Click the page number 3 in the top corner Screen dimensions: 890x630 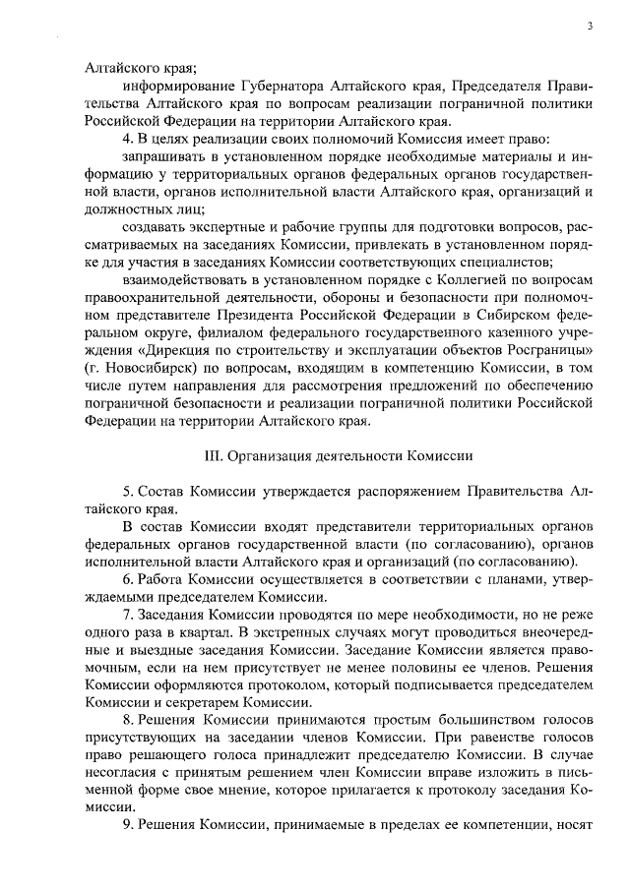pos(589,26)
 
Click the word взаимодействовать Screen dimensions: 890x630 pos(184,280)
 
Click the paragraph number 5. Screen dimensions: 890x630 pos(113,491)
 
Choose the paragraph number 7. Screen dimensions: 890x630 pos(113,615)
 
